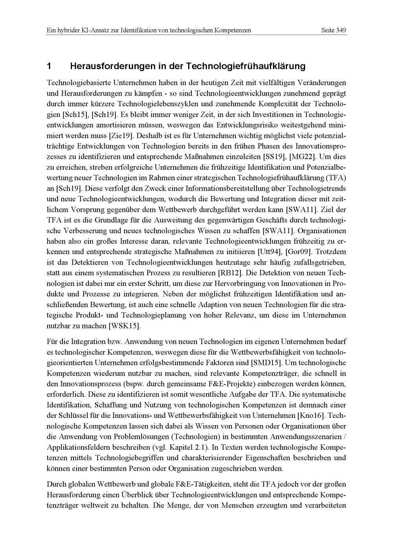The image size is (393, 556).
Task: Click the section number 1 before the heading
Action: [x=49, y=66]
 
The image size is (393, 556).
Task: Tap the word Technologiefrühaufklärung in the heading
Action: [x=245, y=66]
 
